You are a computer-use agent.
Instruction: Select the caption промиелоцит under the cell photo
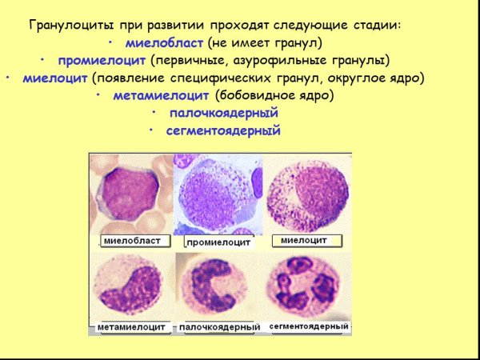click(x=218, y=242)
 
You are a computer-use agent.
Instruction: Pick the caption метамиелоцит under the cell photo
click(x=131, y=327)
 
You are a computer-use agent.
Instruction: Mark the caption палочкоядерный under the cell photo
click(x=220, y=327)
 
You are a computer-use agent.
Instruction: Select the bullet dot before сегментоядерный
click(x=152, y=131)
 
